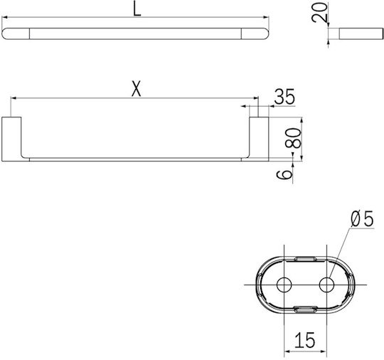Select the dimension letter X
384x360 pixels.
click(137, 89)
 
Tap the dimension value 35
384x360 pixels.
click(284, 97)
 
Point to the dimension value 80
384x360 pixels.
click(293, 138)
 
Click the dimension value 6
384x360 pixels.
click(284, 174)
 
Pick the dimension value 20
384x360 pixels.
click(319, 13)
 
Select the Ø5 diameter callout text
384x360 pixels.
click(362, 218)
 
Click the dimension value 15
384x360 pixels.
click(304, 340)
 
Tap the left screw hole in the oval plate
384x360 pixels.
click(284, 285)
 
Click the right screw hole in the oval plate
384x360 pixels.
click(326, 285)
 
